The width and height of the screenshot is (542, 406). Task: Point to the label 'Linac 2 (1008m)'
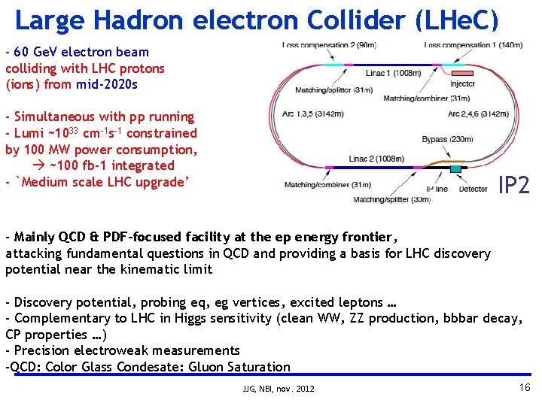[376, 159]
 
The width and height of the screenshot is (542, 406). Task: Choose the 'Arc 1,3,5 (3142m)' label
[313, 114]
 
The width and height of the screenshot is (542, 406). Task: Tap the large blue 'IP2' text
[514, 184]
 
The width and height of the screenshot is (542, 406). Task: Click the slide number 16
[525, 386]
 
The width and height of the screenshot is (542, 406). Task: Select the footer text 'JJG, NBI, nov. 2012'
[279, 389]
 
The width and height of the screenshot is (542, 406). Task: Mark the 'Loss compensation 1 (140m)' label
[473, 45]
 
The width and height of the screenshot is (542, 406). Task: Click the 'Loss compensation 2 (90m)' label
[328, 45]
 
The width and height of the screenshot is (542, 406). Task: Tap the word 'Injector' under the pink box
[463, 84]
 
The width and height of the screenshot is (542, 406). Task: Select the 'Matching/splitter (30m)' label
[391, 199]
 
